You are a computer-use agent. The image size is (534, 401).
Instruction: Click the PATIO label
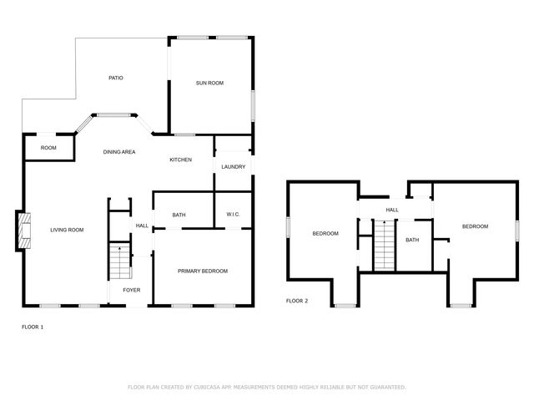pos(116,79)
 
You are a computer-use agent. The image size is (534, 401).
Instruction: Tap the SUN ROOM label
pos(210,83)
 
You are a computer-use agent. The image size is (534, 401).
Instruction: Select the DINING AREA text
pos(119,152)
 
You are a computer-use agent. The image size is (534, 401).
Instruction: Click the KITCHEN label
pos(181,160)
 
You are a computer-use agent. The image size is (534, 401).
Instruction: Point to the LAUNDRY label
pos(234,167)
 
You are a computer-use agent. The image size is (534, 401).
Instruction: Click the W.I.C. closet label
pos(234,216)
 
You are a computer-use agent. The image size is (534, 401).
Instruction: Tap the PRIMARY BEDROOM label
pos(203,271)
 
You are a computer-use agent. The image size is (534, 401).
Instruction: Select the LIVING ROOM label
pos(67,230)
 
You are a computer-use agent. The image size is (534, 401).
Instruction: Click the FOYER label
pos(132,290)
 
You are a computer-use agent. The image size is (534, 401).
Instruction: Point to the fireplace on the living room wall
pos(24,231)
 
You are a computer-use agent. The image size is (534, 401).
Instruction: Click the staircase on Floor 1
pos(120,263)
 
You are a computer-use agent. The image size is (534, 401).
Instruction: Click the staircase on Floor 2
pos(383,245)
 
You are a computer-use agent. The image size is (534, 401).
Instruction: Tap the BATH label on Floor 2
pos(412,241)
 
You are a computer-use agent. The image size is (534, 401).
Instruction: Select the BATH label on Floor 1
pos(179,216)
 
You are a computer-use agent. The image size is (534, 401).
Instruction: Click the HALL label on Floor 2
pos(391,210)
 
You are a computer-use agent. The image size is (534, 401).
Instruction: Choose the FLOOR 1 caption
pos(33,327)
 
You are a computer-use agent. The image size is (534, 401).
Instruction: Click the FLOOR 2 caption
pos(297,301)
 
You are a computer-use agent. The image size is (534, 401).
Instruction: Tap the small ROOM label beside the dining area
pos(48,148)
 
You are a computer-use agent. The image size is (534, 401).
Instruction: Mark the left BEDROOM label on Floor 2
pos(325,233)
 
